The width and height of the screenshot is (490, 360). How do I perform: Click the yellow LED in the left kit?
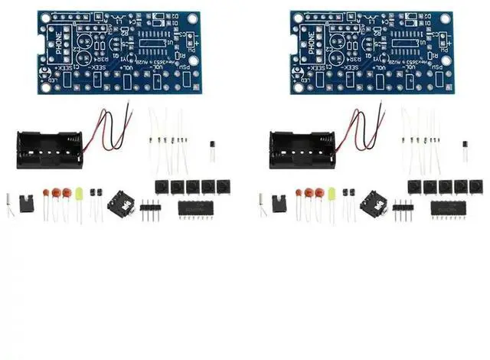tap(78, 197)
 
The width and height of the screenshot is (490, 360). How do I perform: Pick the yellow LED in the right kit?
tap(332, 195)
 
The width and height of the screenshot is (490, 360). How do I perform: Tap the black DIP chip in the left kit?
tap(195, 208)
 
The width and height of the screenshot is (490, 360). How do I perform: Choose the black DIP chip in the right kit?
tap(448, 208)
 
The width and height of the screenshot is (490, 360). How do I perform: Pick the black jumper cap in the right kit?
tap(279, 203)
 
